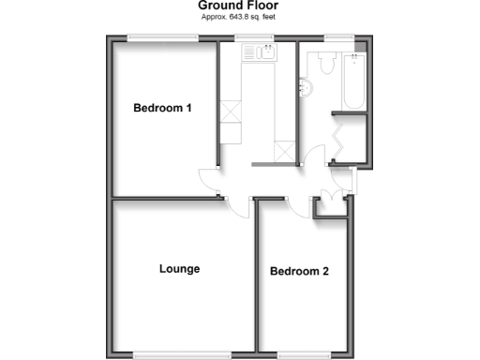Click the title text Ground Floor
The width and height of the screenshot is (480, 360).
pyautogui.click(x=238, y=6)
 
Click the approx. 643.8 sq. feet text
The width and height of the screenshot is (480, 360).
pyautogui.click(x=238, y=18)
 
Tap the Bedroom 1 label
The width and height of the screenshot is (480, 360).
pyautogui.click(x=162, y=109)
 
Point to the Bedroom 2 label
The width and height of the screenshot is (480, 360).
pyautogui.click(x=299, y=273)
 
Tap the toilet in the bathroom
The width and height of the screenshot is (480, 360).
pyautogui.click(x=325, y=64)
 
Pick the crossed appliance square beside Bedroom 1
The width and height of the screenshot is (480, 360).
pyautogui.click(x=230, y=112)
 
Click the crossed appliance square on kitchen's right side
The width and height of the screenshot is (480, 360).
pyautogui.click(x=284, y=150)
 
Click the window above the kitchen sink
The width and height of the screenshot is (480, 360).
pyautogui.click(x=254, y=38)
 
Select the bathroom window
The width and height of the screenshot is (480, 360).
pyautogui.click(x=337, y=38)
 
